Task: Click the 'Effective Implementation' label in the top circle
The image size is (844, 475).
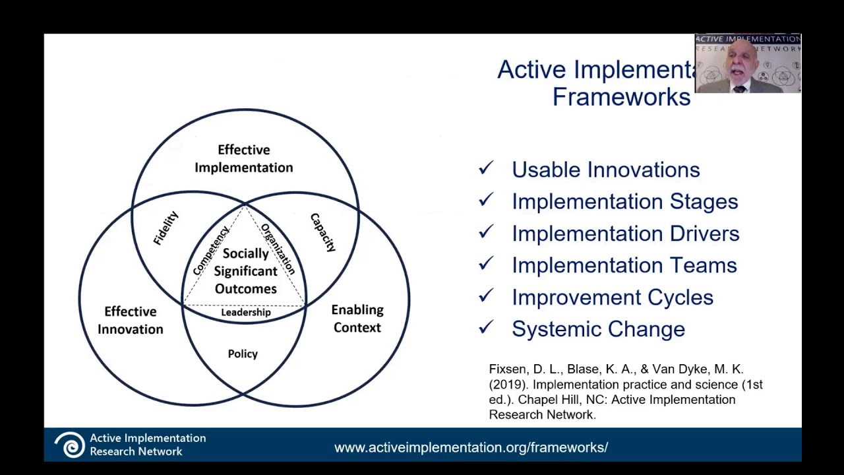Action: coord(243,159)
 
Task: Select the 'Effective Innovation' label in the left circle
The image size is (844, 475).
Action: coord(131,320)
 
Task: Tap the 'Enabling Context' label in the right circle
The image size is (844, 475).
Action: coord(357,319)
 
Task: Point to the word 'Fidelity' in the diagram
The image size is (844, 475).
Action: coord(166,228)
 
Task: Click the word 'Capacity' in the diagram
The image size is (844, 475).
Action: coord(323,232)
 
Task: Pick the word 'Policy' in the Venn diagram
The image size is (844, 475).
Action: coord(243,354)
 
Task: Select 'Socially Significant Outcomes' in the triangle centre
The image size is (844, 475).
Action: coord(245,271)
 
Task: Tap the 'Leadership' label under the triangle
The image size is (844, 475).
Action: coord(245,313)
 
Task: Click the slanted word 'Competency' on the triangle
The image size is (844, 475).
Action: coord(211,250)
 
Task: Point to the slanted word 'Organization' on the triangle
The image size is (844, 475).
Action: coord(278,249)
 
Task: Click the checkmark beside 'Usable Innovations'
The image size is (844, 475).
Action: coord(486,168)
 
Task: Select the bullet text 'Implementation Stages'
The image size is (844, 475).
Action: coord(624,202)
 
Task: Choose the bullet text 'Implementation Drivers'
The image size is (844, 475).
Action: coord(625,234)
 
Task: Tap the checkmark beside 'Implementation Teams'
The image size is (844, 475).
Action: coord(486,264)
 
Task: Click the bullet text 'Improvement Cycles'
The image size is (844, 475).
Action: coord(612,298)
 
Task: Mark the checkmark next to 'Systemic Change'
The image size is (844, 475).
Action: coord(486,327)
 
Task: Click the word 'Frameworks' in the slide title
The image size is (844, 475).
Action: coord(621,97)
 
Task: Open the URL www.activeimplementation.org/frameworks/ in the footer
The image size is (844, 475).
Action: coord(471,447)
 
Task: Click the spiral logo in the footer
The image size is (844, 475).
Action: coord(69,445)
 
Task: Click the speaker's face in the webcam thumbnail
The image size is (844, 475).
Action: coord(741,64)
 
